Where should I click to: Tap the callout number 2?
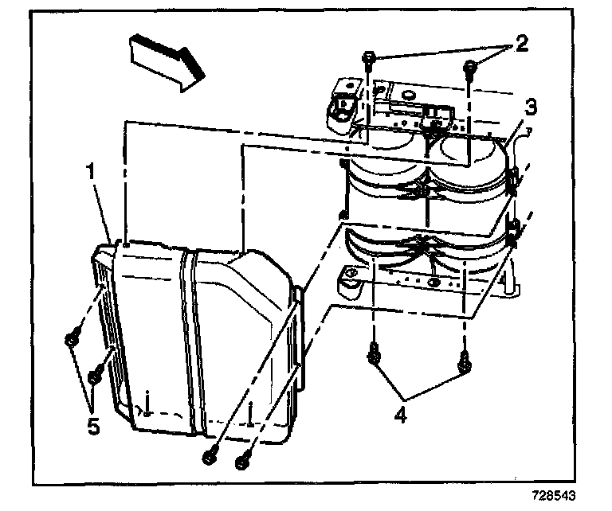(x=521, y=44)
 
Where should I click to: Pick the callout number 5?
(x=94, y=425)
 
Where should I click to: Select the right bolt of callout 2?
(x=469, y=67)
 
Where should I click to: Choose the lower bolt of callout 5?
(x=96, y=373)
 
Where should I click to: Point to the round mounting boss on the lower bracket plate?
(x=347, y=279)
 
